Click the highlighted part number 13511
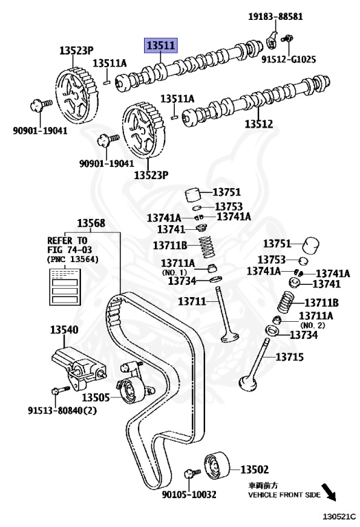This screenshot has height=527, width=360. pyautogui.click(x=160, y=45)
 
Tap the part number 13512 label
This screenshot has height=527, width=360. pyautogui.click(x=259, y=124)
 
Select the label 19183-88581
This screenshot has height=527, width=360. pyautogui.click(x=276, y=16)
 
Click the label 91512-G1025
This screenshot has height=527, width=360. pyautogui.click(x=289, y=60)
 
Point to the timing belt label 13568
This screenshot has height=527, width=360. pyautogui.click(x=91, y=223)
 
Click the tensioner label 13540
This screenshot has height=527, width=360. pyautogui.click(x=64, y=329)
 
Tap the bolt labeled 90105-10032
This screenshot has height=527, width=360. pyautogui.click(x=192, y=473)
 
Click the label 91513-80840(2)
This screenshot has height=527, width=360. pyautogui.click(x=62, y=410)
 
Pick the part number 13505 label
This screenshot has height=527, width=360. pyautogui.click(x=96, y=397)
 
